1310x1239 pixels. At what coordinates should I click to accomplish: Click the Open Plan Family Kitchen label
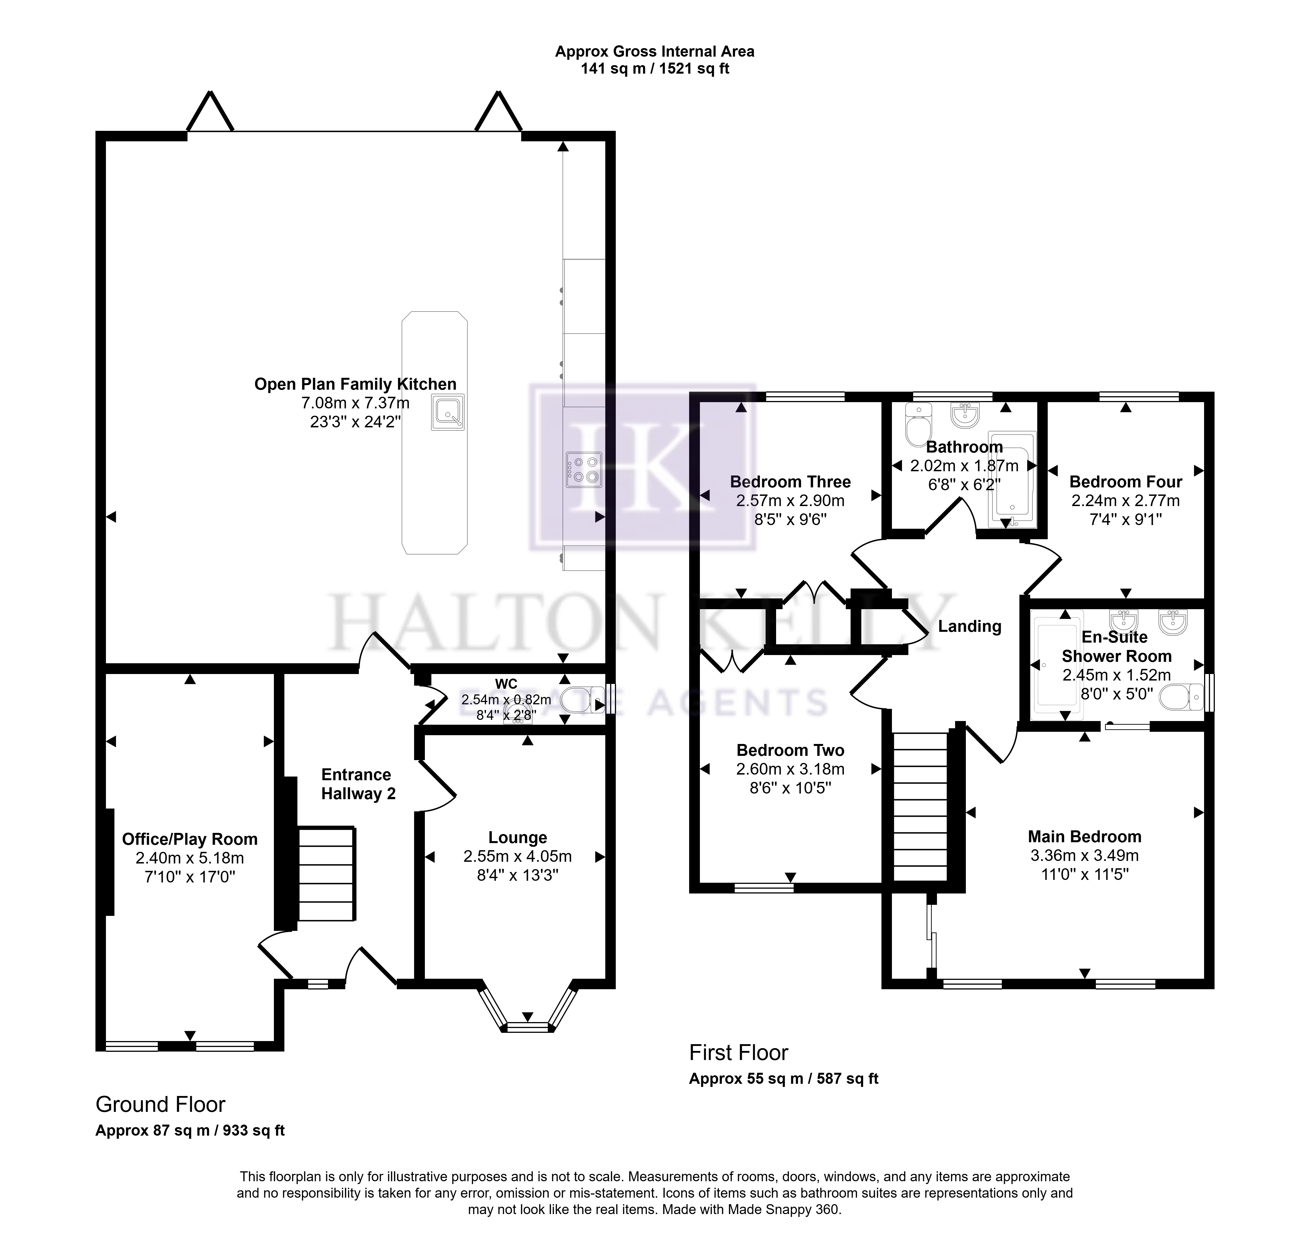pyautogui.click(x=355, y=384)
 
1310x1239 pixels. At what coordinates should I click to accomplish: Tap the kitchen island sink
pyautogui.click(x=448, y=412)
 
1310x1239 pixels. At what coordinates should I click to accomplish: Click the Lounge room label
pyautogui.click(x=518, y=837)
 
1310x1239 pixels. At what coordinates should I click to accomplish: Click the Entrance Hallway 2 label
pyautogui.click(x=358, y=784)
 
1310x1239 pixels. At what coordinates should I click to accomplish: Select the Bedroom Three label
pyautogui.click(x=790, y=482)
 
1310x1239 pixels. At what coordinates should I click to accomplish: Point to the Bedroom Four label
pyautogui.click(x=1126, y=482)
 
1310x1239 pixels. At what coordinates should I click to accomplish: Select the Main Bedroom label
pyautogui.click(x=1085, y=837)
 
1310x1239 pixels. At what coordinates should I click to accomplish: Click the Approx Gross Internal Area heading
pyautogui.click(x=655, y=52)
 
